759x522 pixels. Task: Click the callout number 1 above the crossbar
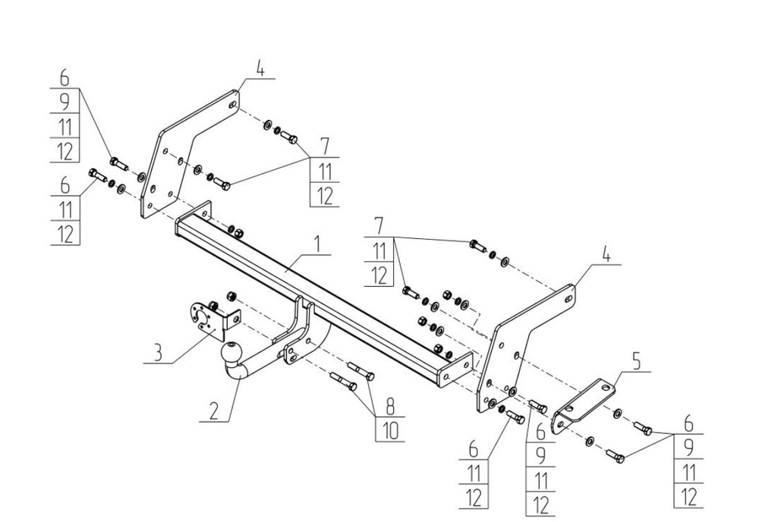[318, 245]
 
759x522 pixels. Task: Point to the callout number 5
[636, 362]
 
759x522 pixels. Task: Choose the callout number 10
[389, 429]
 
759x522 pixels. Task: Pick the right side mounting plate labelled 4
[524, 341]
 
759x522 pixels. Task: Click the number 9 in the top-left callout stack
[66, 102]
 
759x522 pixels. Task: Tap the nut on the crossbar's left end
[235, 231]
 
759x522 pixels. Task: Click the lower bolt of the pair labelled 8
[344, 382]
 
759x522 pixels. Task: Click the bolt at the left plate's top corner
[288, 137]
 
